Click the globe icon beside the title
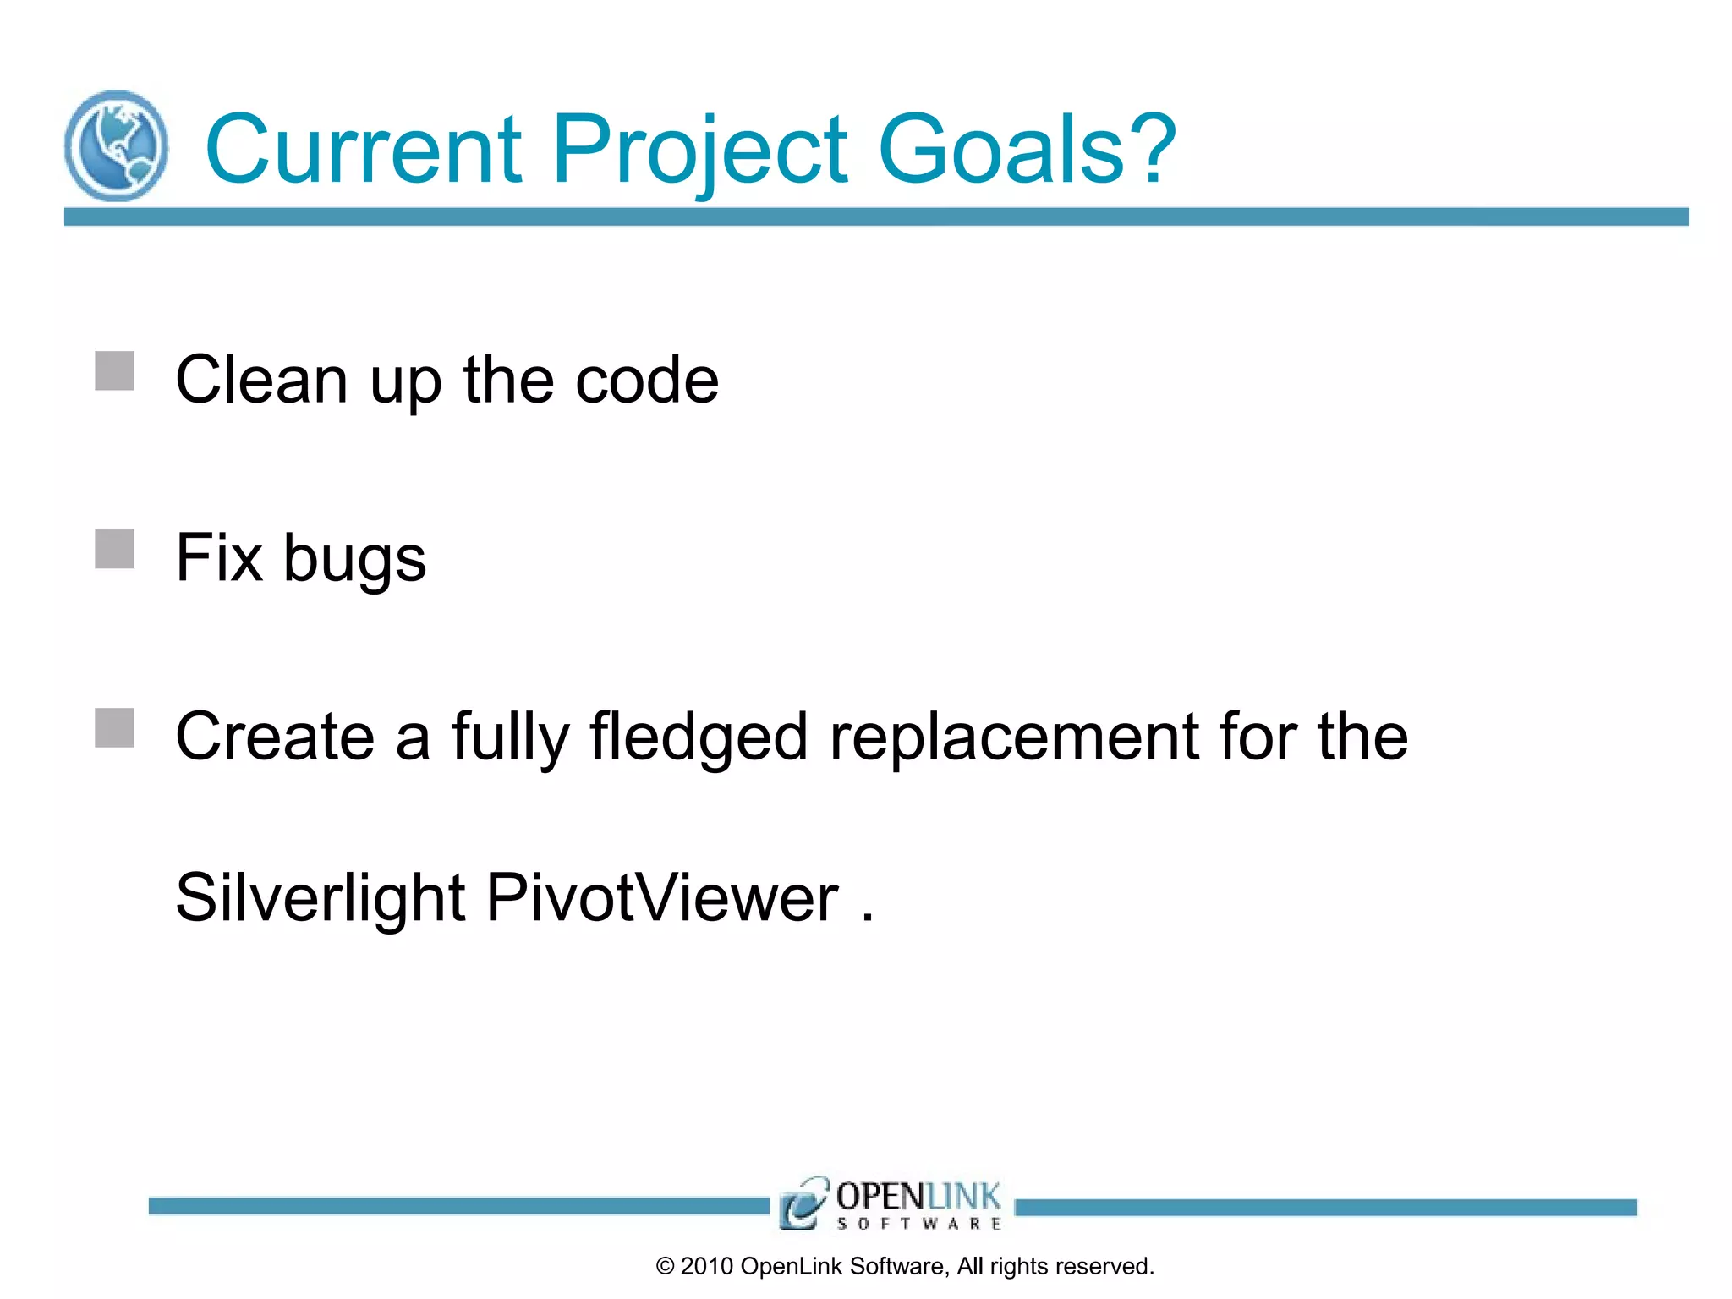pyautogui.click(x=116, y=145)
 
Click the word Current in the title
pyautogui.click(x=364, y=150)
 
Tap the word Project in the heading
pyautogui.click(x=700, y=150)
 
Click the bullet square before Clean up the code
pyautogui.click(x=115, y=371)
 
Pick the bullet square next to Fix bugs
pyautogui.click(x=115, y=549)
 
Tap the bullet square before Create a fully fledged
pyautogui.click(x=115, y=727)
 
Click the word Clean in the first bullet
pyautogui.click(x=261, y=381)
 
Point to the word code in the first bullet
pyautogui.click(x=647, y=381)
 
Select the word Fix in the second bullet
pyautogui.click(x=219, y=558)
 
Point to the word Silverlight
pyautogui.click(x=321, y=898)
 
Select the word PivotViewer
pyautogui.click(x=662, y=898)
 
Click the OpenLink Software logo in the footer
pyautogui.click(x=891, y=1203)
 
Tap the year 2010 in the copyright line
pyautogui.click(x=706, y=1266)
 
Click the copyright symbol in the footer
pyautogui.click(x=665, y=1266)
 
